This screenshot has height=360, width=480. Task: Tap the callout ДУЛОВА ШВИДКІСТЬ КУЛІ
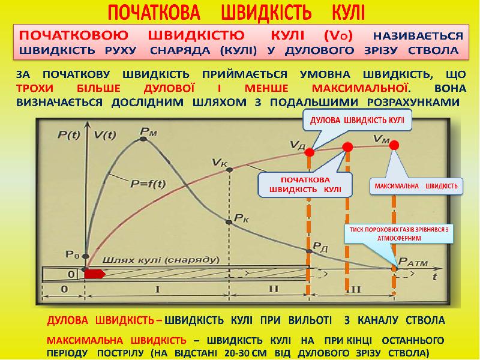356,119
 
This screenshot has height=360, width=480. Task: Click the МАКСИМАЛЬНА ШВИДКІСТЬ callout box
416,186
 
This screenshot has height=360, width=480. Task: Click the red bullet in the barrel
95,274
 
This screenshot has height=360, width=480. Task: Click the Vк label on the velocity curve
221,161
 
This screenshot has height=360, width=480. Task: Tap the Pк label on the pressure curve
242,217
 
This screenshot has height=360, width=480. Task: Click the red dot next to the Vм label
394,145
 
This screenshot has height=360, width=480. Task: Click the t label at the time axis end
434,277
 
